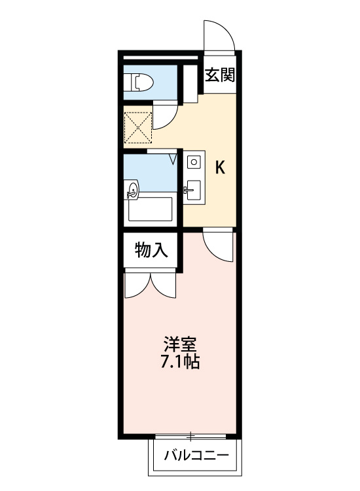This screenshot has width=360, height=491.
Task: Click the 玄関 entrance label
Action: pos(219,75)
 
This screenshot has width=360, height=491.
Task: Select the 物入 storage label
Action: pos(151,250)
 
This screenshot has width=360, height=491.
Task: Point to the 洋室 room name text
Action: pos(180,345)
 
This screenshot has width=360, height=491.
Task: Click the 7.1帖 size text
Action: pos(180,361)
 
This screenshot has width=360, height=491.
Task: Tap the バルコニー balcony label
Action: pos(196,455)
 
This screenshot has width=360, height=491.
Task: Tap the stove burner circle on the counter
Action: pos(194,162)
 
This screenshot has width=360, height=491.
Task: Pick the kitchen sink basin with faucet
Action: pos(194,190)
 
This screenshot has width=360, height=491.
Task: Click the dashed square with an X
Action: pos(137,128)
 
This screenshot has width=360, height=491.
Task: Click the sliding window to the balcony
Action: pos(190,436)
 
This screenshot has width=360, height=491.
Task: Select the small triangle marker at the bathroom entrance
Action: pos(173,158)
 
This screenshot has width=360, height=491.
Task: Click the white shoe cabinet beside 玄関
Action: pos(190,84)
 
